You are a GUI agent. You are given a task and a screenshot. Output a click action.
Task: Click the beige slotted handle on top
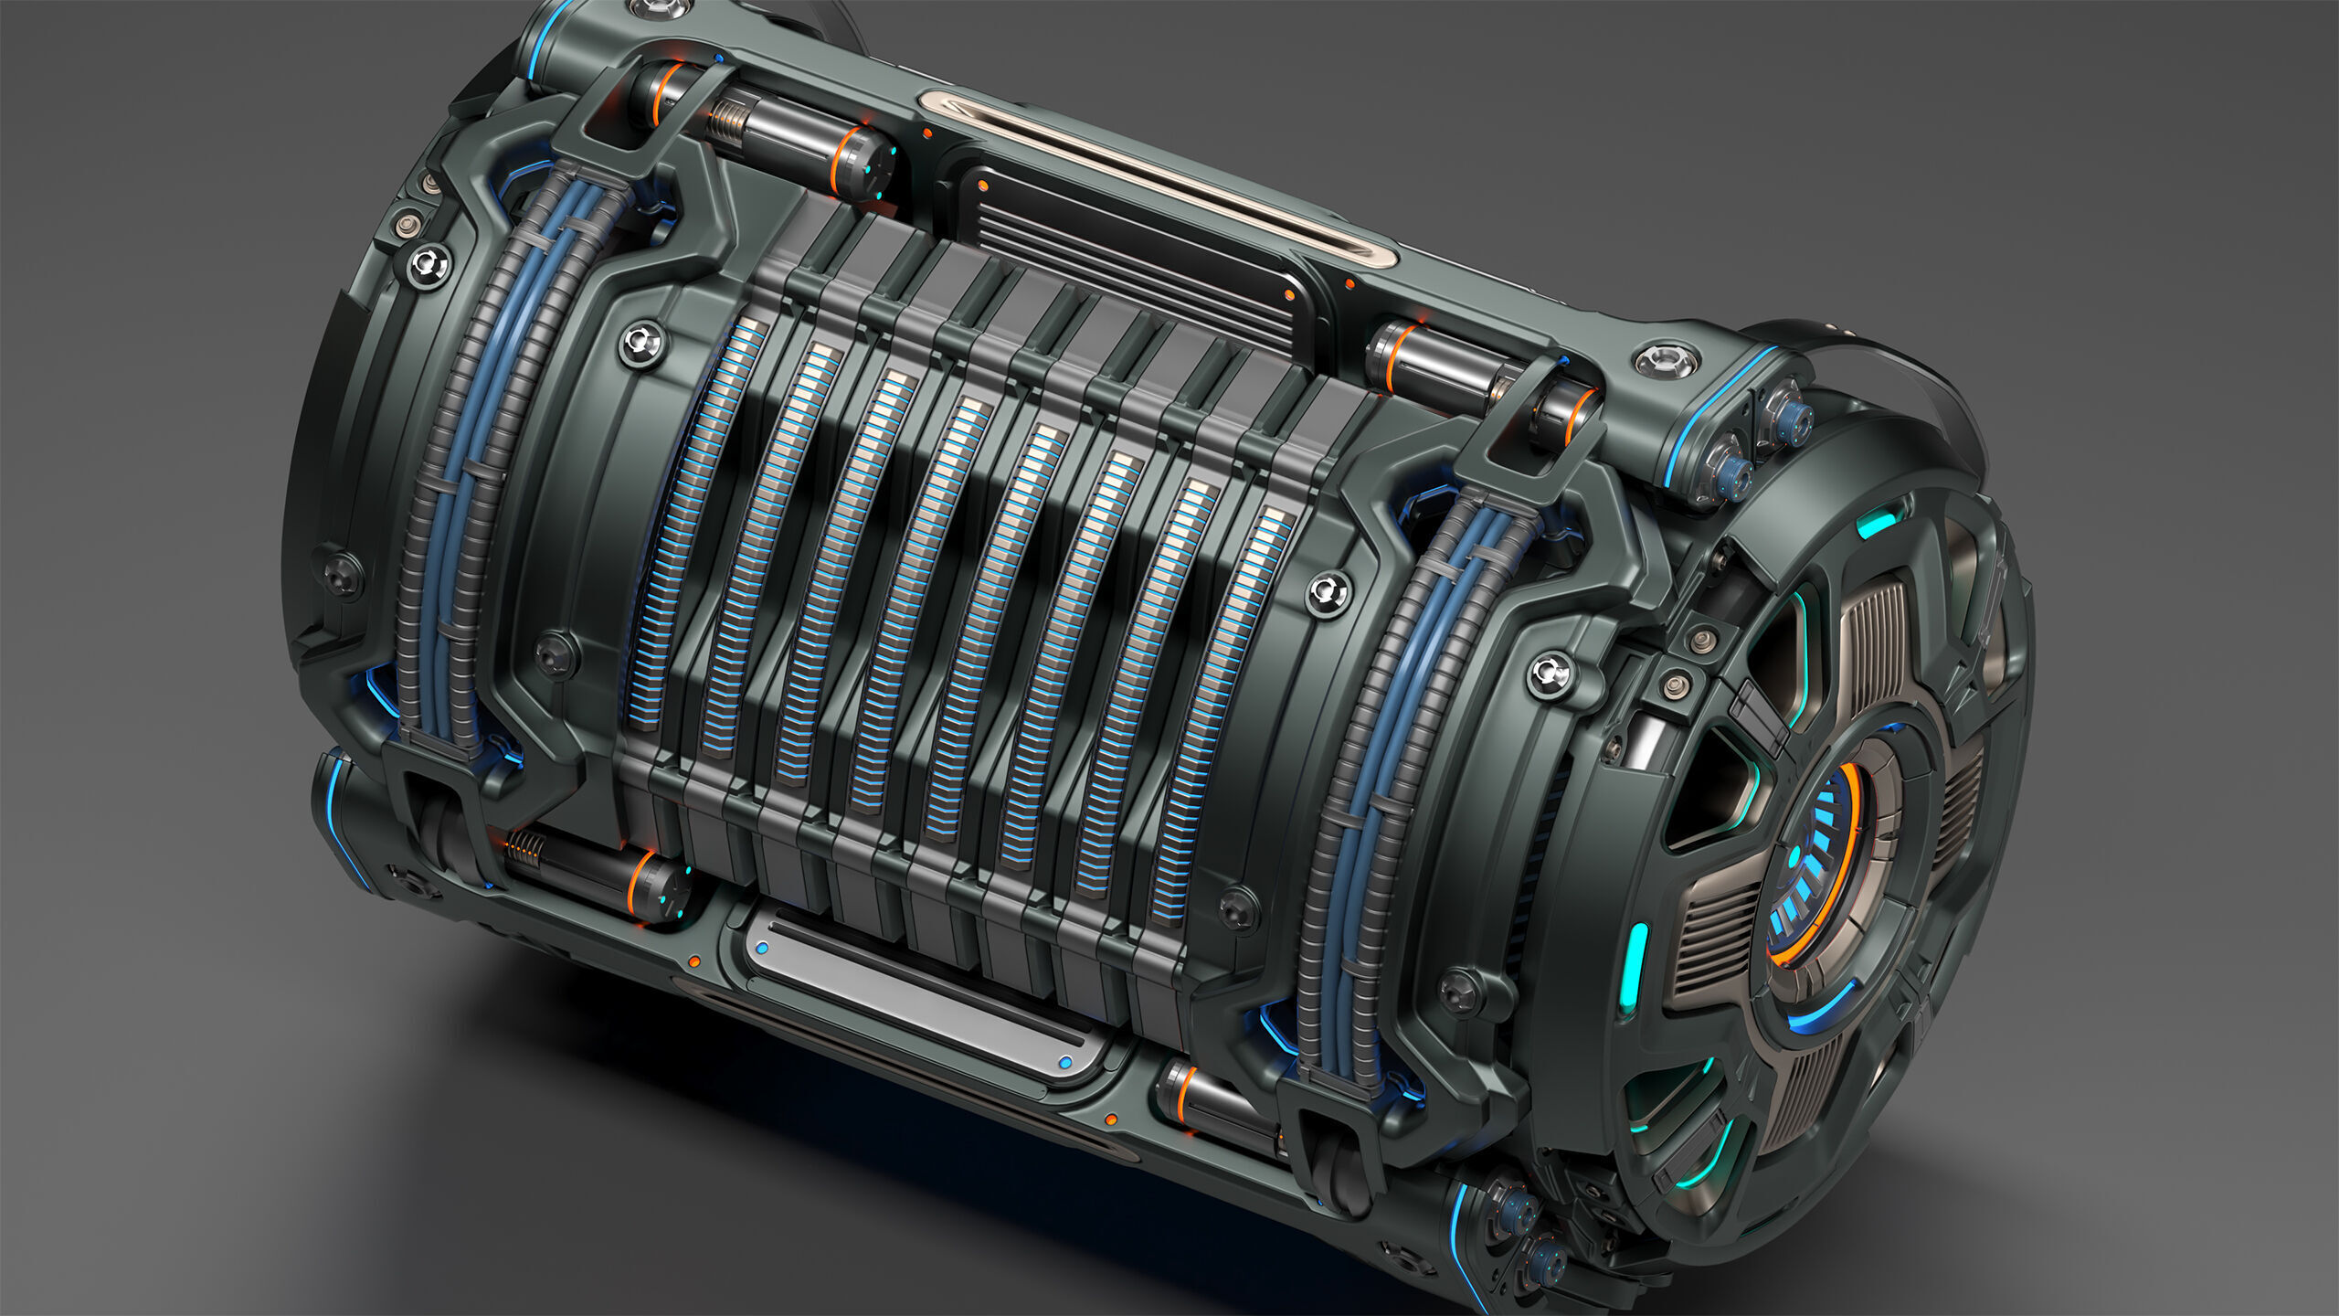click(x=1156, y=178)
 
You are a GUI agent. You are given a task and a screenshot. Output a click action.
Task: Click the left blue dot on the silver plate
click(x=762, y=950)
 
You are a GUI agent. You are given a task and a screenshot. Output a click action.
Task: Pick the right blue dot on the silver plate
click(x=1064, y=1063)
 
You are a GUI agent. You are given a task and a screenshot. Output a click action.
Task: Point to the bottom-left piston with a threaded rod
click(x=594, y=873)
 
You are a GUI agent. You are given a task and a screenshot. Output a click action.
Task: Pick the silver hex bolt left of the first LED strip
click(x=642, y=343)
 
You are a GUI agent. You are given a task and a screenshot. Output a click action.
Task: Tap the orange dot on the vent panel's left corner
click(x=982, y=186)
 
